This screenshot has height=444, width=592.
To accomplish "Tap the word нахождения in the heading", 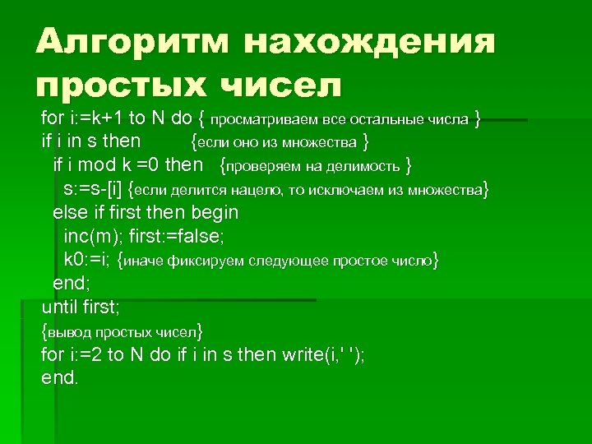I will [369, 42].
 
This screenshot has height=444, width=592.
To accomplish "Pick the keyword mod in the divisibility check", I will [93, 165].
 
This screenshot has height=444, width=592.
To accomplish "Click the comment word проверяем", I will [266, 166].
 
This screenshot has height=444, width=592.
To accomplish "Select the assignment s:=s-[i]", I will [98, 189].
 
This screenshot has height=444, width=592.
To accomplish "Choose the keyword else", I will [69, 212].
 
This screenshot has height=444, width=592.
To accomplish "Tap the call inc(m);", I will [93, 236].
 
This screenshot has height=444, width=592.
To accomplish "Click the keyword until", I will [60, 308].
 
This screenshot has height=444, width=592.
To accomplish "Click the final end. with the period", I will [60, 378].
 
